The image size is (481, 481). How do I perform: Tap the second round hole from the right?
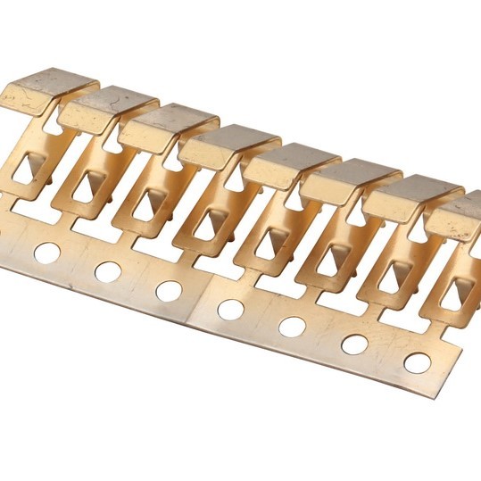[354, 344]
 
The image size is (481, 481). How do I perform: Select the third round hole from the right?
[292, 327]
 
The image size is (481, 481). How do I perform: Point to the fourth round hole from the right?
[230, 309]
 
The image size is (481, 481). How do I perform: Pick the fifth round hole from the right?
[169, 290]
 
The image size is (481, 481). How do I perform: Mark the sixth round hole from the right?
[108, 270]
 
